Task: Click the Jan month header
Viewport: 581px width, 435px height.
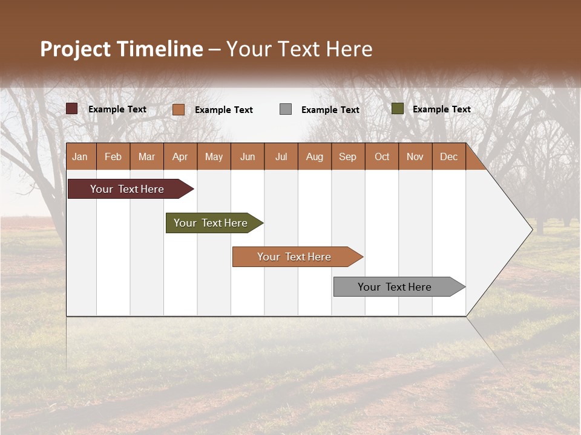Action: (80, 156)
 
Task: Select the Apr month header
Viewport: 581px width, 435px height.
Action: (180, 156)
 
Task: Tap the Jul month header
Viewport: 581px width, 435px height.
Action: (281, 156)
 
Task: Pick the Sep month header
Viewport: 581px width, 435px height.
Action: (347, 156)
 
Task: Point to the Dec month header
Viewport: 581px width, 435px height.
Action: (448, 156)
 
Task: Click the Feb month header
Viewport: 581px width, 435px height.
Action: (113, 156)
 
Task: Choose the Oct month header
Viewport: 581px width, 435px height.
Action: (382, 156)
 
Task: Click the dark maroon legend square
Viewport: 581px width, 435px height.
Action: (71, 109)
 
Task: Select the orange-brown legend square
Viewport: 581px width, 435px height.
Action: (178, 109)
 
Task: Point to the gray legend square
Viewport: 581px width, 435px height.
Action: (286, 109)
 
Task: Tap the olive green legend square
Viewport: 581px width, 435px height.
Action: (397, 109)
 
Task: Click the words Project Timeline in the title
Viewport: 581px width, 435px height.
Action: (122, 49)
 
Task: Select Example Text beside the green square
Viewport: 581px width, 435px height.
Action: (441, 109)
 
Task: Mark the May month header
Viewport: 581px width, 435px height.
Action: (214, 156)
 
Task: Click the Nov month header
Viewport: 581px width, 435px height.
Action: (415, 156)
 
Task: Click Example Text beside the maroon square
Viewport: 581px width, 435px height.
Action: (117, 109)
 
